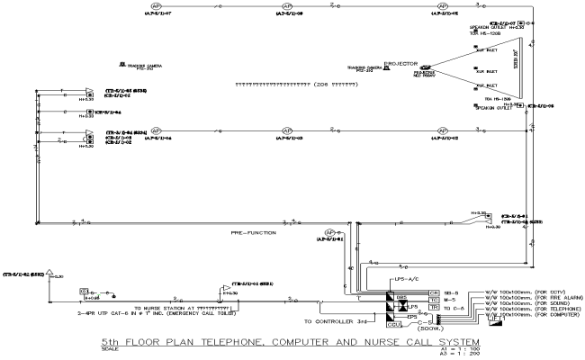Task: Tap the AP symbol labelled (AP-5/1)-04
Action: click(156, 130)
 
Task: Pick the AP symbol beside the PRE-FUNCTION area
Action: click(330, 231)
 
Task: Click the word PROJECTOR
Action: click(400, 64)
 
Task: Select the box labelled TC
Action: click(434, 301)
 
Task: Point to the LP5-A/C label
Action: click(404, 279)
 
